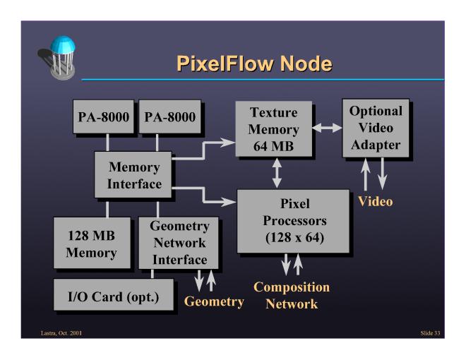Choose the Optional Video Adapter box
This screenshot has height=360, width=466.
click(x=375, y=128)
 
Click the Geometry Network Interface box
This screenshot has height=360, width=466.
click(x=179, y=243)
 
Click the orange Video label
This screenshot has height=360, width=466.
click(x=375, y=201)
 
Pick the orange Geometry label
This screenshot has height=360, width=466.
click(x=214, y=302)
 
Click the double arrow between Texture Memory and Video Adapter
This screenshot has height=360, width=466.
click(x=326, y=129)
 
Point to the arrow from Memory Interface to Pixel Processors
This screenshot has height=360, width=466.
click(x=212, y=195)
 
